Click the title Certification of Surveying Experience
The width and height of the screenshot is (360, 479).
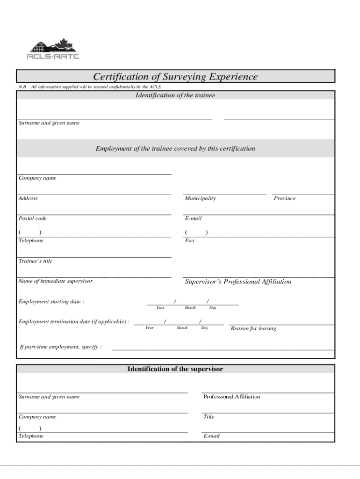click(175, 76)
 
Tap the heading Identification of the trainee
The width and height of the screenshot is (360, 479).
click(175, 95)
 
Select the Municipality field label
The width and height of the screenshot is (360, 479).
click(200, 198)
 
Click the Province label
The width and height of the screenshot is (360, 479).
click(285, 198)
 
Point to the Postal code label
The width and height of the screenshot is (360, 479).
click(33, 218)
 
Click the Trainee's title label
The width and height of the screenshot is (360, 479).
click(36, 261)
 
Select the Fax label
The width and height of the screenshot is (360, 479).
click(189, 240)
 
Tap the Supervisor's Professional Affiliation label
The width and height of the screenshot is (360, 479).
click(238, 282)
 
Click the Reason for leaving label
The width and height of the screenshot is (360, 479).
click(253, 328)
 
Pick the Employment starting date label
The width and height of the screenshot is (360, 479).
click(51, 302)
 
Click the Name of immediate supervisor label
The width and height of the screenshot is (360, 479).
click(56, 281)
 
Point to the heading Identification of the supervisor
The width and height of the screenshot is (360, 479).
click(175, 369)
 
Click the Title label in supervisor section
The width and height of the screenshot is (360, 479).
click(209, 416)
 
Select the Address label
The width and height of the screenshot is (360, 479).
click(28, 198)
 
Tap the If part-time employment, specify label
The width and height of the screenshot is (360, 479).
click(60, 347)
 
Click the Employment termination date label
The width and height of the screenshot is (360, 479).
click(74, 322)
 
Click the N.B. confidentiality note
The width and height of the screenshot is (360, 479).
click(90, 87)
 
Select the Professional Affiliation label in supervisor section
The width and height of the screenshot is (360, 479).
click(231, 397)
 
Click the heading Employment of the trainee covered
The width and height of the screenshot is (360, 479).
click(175, 149)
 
